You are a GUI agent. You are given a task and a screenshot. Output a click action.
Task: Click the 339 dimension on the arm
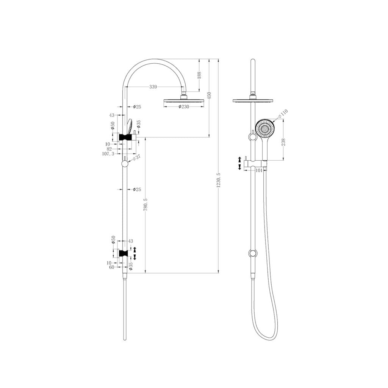tap(153, 87)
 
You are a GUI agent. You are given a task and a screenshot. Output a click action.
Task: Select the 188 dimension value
tap(199, 75)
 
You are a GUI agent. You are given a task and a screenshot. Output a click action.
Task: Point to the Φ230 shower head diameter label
tap(183, 107)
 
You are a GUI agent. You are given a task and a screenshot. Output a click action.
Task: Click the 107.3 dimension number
tap(108, 154)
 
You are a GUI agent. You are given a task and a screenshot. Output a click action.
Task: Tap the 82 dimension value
tap(110, 149)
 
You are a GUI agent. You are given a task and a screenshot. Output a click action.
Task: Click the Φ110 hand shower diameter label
tap(283, 113)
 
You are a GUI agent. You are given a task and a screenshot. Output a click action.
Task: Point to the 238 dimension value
tap(283, 142)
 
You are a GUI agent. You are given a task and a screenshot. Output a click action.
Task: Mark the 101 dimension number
tap(259, 170)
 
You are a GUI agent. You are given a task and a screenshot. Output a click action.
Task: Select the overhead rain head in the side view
tap(183, 101)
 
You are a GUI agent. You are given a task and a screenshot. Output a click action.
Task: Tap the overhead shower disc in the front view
tap(252, 100)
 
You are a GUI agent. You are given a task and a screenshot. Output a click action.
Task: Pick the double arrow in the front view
tap(239, 163)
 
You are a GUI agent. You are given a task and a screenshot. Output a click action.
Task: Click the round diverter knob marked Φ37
tap(125, 164)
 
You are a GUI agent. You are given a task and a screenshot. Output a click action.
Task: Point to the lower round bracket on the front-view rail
tap(252, 253)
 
